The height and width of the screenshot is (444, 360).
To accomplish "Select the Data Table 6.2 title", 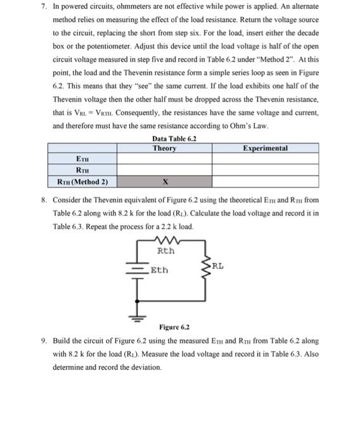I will pos(174,138).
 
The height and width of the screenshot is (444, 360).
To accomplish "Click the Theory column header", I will pos(164,148).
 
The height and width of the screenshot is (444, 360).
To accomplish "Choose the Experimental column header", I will pos(265,148).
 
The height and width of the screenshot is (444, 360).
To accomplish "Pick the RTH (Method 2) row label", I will pos(82,182).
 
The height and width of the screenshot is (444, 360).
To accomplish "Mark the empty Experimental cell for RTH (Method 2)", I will pos(265,182).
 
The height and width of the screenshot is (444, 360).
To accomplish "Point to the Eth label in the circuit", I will pos(160,270).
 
